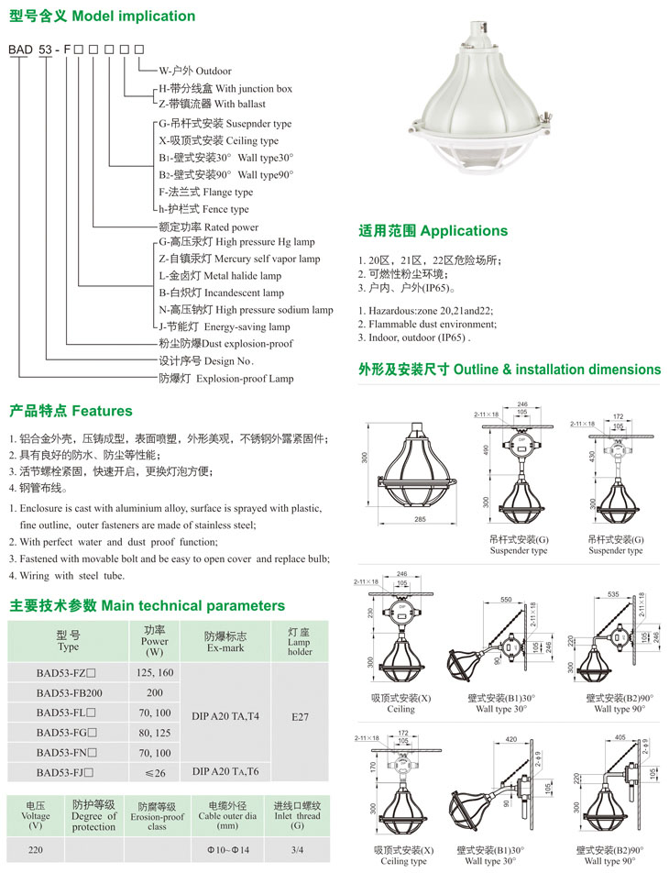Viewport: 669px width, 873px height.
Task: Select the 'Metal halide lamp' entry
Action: [220, 276]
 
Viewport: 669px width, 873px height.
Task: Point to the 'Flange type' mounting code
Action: [205, 193]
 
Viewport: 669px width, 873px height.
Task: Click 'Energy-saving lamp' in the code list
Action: [225, 326]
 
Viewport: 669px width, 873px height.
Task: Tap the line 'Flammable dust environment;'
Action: [427, 324]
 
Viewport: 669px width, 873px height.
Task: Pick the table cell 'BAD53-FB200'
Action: [69, 692]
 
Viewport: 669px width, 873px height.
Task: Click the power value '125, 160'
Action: [154, 673]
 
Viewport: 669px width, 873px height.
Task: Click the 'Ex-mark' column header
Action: [225, 641]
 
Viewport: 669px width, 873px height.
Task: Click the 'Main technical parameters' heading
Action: [148, 605]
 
